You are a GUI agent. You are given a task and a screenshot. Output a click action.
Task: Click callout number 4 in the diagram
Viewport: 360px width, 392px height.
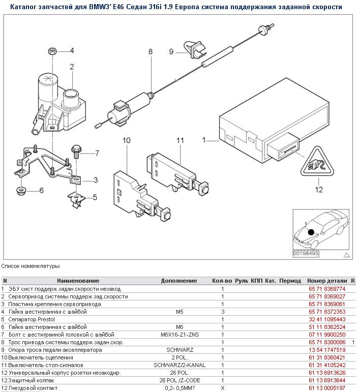click(72, 50)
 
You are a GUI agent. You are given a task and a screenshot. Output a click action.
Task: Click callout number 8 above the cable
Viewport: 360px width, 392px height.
click(150, 52)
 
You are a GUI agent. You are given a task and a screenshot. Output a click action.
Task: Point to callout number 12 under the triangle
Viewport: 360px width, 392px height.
click(319, 190)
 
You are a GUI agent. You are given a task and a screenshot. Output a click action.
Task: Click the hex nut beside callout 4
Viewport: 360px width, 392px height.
click(52, 51)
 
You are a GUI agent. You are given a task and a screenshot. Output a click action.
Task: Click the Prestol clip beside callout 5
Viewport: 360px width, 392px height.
click(76, 200)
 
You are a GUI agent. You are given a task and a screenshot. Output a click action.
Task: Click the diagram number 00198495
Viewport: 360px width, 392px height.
click(306, 253)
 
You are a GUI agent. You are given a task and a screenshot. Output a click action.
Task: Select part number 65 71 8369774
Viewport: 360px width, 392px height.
click(326, 289)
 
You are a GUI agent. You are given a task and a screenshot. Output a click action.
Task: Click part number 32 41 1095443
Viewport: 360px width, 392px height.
click(326, 319)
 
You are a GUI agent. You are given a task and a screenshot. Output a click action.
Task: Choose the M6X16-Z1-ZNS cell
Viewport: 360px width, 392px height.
click(178, 335)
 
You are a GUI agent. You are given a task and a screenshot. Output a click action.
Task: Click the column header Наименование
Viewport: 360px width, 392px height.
click(78, 281)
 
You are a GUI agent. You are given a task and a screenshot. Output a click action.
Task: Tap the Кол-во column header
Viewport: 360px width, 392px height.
click(222, 281)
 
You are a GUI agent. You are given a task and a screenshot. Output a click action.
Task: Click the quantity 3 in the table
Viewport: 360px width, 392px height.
click(222, 312)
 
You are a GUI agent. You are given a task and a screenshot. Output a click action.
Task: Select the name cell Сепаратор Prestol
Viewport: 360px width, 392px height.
click(30, 319)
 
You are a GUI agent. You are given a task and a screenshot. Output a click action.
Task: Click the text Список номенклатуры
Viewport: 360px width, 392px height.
click(31, 266)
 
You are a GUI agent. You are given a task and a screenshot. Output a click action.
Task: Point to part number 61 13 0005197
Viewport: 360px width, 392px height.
click(326, 388)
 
